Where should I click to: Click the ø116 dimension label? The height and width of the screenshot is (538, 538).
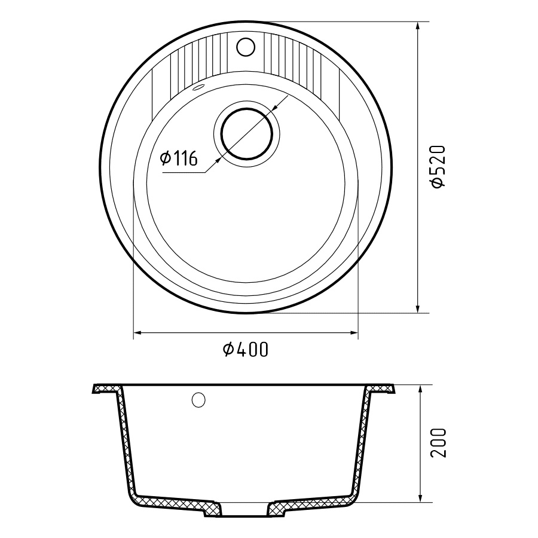[x=179, y=158]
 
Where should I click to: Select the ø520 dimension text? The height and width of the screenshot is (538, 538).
[x=439, y=167]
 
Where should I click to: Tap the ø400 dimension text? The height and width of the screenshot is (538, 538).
[x=245, y=350]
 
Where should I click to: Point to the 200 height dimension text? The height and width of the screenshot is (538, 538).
[x=439, y=442]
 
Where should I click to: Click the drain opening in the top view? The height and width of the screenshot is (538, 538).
[x=247, y=133]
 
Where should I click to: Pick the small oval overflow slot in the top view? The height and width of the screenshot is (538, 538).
[x=198, y=87]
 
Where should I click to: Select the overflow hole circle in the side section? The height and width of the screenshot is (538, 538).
[x=198, y=400]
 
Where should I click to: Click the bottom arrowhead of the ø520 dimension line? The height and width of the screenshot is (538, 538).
[x=418, y=307]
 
